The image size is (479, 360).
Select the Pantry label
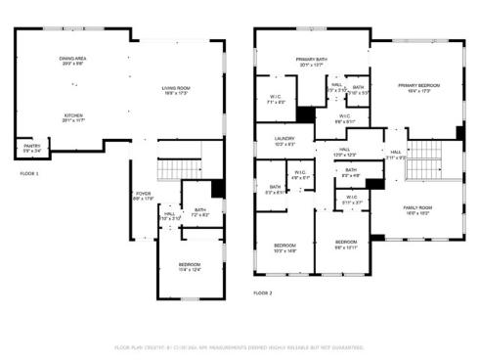(32, 149)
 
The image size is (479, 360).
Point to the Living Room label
(176, 92)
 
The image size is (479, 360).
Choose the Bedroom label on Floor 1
(190, 266)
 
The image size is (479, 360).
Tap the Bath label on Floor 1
(199, 209)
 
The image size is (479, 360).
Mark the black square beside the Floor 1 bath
(218, 190)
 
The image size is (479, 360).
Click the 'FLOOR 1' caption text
(29, 173)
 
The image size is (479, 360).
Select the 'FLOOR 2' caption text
(262, 292)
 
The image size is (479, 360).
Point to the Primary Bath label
(312, 61)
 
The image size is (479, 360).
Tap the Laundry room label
(284, 141)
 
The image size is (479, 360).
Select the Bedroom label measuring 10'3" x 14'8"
(284, 247)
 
